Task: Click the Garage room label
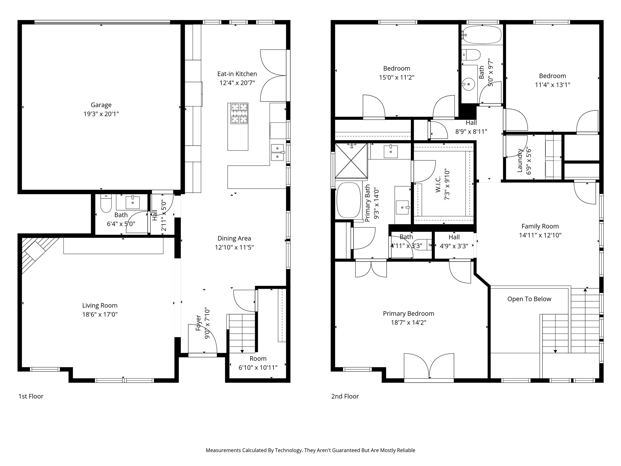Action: point(101,105)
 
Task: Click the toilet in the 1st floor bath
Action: point(106,203)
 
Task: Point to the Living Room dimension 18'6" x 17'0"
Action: point(100,314)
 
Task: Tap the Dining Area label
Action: point(234,238)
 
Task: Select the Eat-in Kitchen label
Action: point(237,74)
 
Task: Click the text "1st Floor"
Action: point(31,396)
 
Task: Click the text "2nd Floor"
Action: point(345,396)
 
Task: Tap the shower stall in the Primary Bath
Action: point(351,161)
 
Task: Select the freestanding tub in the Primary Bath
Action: point(348,200)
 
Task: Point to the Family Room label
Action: point(540,226)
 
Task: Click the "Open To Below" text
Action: point(529,299)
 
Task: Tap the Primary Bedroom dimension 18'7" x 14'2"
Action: point(408,322)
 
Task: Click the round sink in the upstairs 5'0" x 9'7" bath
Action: point(469,84)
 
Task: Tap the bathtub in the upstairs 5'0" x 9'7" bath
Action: point(482,35)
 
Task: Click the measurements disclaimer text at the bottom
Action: point(310,450)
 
